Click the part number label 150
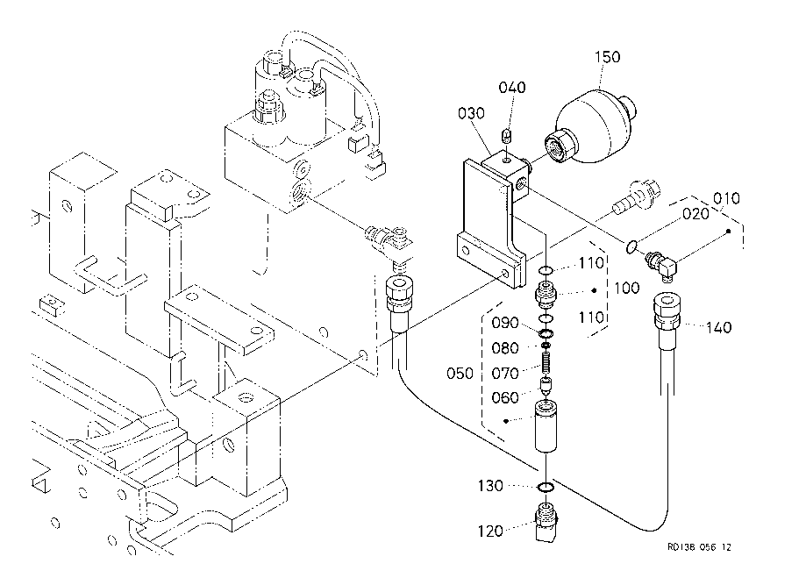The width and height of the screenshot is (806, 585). [608, 57]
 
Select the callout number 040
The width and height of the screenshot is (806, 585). [512, 88]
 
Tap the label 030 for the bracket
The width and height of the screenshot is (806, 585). [470, 113]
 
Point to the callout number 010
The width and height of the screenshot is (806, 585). [728, 198]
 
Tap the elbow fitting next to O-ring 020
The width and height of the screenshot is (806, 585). [661, 262]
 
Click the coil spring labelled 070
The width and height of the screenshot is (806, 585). [546, 359]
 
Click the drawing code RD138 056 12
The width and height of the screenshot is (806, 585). [698, 546]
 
